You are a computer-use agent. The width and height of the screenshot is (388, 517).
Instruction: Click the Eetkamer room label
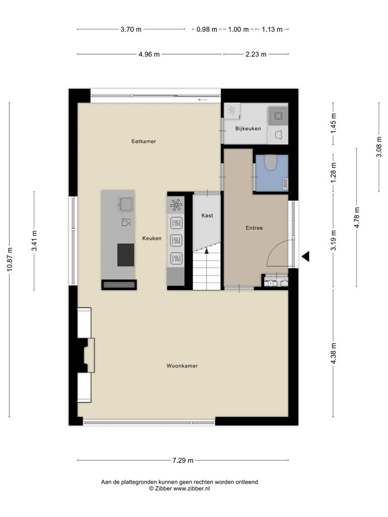(x=143, y=141)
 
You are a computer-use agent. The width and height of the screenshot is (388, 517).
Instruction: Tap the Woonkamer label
(x=182, y=366)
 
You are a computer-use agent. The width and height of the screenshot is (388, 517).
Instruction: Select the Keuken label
(x=152, y=238)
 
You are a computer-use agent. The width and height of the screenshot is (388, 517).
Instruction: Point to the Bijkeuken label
(x=248, y=129)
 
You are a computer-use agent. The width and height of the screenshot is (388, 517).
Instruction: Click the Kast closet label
(x=207, y=216)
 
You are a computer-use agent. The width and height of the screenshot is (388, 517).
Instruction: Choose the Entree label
(x=254, y=228)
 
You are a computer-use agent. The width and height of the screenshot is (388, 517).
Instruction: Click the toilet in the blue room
(x=272, y=163)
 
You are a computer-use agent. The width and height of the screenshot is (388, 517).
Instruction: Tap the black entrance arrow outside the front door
(x=306, y=256)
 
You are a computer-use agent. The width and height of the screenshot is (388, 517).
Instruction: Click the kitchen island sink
(x=125, y=204)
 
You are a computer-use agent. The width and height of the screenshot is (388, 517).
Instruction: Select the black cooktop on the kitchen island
(x=126, y=255)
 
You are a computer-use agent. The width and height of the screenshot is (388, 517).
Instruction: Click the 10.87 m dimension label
(x=10, y=260)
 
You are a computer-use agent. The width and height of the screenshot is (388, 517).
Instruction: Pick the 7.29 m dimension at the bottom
(x=183, y=460)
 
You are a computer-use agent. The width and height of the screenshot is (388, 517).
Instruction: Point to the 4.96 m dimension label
(x=149, y=54)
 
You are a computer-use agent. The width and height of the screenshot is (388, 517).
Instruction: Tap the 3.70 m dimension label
(x=131, y=29)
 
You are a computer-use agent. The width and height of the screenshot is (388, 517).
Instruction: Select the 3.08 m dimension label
(x=379, y=147)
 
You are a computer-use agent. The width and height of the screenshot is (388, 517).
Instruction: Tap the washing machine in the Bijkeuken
(x=278, y=116)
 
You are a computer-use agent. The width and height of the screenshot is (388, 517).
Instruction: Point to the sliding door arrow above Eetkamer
(x=203, y=99)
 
